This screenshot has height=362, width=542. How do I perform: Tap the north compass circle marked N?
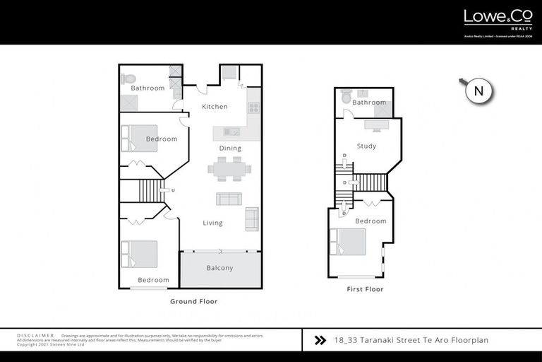[x=478, y=91]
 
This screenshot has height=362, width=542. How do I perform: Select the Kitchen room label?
[x=215, y=107]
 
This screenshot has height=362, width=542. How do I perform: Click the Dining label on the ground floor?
[x=230, y=148]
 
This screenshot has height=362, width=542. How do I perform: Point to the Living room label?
[x=212, y=223]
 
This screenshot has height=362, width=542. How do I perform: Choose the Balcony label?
[x=219, y=269]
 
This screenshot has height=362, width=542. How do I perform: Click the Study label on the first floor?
[x=366, y=146]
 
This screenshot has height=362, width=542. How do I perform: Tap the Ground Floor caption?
[x=193, y=301]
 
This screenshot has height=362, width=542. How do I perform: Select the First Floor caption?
[x=365, y=289]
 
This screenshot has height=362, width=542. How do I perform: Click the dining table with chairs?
[x=229, y=169]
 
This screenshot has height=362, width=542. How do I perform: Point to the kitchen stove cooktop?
[x=253, y=108]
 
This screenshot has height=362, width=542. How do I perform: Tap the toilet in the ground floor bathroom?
[x=128, y=78]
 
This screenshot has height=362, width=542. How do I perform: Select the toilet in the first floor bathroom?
[x=346, y=97]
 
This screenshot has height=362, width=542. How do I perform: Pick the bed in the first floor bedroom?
[x=349, y=242]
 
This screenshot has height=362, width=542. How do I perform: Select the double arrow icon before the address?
[x=320, y=340]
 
